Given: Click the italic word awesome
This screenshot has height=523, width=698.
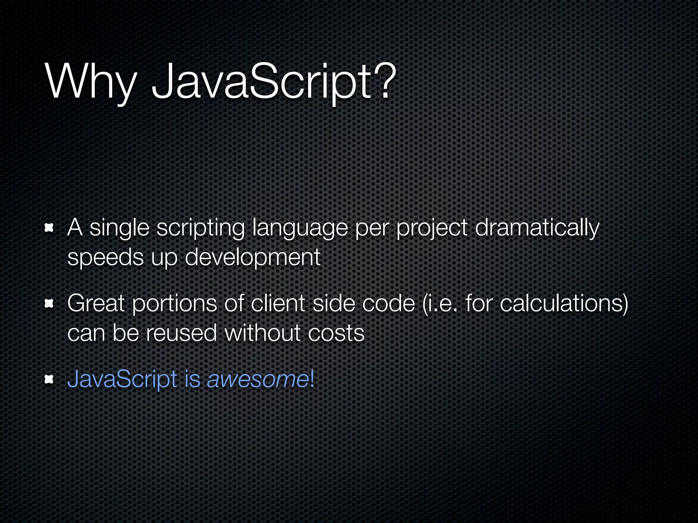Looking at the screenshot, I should click(x=258, y=379).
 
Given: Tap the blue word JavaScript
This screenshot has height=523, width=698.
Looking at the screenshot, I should click(x=122, y=379).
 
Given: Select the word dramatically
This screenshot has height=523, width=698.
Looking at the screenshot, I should click(x=537, y=228).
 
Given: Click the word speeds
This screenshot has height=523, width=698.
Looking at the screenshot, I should click(x=105, y=257).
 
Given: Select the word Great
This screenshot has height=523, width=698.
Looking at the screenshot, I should click(x=96, y=303).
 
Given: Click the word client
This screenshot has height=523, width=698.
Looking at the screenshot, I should click(x=278, y=303).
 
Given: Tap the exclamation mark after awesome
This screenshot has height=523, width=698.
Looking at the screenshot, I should click(x=312, y=379).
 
